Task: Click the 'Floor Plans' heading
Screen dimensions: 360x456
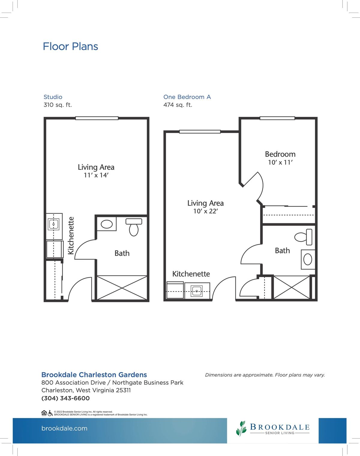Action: [x=70, y=47]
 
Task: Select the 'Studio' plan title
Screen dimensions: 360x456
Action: [x=53, y=97]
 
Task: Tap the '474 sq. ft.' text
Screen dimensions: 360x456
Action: [x=178, y=105]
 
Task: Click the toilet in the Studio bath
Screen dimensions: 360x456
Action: [x=134, y=227]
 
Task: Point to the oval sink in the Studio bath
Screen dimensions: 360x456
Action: [x=107, y=224]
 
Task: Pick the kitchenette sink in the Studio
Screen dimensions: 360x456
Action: [x=54, y=224]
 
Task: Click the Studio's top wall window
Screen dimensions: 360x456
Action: [x=97, y=118]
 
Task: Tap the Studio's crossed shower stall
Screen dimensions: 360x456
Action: [x=122, y=288]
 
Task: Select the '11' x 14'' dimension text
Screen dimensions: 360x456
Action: [x=96, y=175]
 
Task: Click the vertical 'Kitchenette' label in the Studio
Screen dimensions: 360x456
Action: [x=71, y=235]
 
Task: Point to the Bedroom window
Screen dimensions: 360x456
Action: [x=277, y=118]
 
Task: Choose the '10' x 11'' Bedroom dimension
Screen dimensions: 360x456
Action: [x=280, y=162]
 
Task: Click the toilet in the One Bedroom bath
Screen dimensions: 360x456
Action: [x=304, y=237]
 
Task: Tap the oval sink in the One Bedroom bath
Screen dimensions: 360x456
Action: [x=308, y=259]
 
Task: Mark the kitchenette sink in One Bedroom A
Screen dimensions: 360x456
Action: [x=197, y=291]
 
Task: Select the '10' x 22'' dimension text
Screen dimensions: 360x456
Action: [x=205, y=211]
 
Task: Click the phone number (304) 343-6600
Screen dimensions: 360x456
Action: [x=66, y=398]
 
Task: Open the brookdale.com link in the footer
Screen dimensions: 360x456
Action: [x=64, y=428]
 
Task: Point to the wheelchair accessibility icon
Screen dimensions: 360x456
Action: [x=50, y=413]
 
